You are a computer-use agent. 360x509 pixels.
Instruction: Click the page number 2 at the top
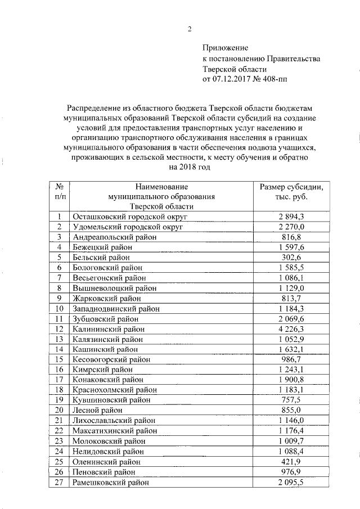click(190, 29)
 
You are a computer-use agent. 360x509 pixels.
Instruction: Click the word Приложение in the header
click(224, 49)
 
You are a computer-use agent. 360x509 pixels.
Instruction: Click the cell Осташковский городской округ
click(130, 217)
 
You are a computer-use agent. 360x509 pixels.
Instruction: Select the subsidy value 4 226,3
click(290, 328)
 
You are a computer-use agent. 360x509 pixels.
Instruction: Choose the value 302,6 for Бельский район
click(290, 257)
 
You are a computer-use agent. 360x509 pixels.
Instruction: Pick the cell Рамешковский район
click(111, 481)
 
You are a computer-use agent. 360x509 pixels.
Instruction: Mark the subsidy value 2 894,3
click(290, 217)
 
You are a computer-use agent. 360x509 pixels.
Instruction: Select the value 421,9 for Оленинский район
click(290, 461)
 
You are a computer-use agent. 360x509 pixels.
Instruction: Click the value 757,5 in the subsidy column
click(290, 400)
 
